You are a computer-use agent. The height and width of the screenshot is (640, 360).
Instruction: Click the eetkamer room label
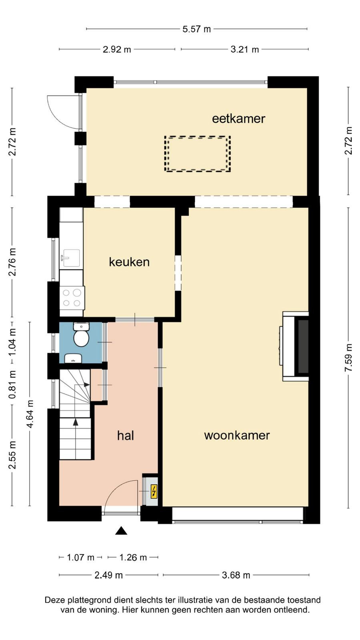(238, 118)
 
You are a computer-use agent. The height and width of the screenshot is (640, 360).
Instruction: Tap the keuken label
(129, 262)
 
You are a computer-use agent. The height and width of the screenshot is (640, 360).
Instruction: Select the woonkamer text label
(237, 436)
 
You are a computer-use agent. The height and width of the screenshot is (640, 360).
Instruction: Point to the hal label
(126, 436)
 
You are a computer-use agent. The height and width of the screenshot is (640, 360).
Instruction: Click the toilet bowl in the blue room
(81, 336)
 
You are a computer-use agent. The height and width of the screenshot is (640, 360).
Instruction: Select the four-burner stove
(72, 298)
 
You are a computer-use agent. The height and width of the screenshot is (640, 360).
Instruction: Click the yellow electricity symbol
(154, 492)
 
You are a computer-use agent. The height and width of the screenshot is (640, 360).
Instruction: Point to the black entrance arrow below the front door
(121, 530)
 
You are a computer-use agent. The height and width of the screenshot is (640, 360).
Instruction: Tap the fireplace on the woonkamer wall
(295, 346)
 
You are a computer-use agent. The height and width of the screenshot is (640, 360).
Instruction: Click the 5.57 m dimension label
(196, 29)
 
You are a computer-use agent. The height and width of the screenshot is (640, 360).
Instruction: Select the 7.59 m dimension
(348, 358)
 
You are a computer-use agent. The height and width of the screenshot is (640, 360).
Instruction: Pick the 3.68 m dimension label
(236, 575)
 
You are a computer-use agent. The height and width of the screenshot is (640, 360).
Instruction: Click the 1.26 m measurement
(133, 558)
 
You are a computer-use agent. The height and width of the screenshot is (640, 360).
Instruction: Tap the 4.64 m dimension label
(30, 414)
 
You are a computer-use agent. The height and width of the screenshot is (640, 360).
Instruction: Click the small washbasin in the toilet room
(73, 358)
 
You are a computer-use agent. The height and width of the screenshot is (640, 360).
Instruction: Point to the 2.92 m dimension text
(117, 50)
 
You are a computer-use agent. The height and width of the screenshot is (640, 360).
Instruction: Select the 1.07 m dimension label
(80, 558)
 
